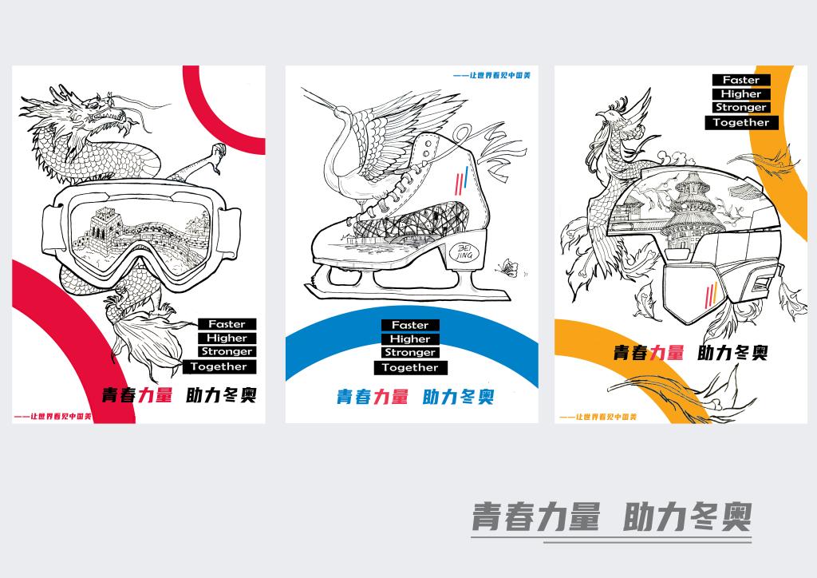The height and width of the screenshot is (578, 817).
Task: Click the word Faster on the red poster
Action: [227, 324]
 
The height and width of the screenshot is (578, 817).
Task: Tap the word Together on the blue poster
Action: [410, 367]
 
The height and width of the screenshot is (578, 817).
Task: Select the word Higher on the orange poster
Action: [741, 94]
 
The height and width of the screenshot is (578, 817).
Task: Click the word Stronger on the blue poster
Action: [410, 352]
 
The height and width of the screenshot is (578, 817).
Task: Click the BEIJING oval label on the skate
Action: [464, 253]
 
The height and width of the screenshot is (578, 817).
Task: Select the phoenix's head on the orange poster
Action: [606, 115]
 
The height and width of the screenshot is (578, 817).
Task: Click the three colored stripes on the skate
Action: [461, 180]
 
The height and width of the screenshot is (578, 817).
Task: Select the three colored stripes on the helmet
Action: [711, 295]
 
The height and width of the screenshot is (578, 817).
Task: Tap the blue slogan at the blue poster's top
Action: [491, 76]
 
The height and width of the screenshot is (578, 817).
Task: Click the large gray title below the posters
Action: [611, 517]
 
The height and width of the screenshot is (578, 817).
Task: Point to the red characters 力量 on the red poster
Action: [156, 394]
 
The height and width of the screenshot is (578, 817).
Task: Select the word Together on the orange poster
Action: [741, 122]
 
